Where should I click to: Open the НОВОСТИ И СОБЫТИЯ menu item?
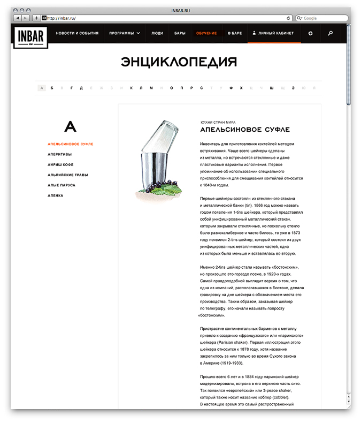pos(78,33)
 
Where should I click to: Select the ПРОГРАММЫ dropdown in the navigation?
pos(125,33)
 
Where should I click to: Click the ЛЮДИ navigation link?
pos(157,33)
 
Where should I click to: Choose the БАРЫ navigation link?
pos(180,33)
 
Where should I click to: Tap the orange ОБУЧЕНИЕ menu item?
pos(206,33)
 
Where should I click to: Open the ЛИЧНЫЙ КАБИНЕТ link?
pos(274,33)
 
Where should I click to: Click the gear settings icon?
pos(311,33)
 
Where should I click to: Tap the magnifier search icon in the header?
pos(331,33)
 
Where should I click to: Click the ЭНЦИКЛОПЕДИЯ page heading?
pos(179,62)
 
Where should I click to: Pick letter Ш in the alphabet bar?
pos(272,88)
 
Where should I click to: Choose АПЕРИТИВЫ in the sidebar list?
pos(60,154)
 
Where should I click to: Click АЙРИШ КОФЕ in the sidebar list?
pos(62,164)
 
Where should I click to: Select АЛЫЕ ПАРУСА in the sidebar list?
pos(62,185)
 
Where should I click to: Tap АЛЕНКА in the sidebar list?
pos(56,195)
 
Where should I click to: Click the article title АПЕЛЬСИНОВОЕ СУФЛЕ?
pos(245,130)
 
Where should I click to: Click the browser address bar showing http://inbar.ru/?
pos(166,18)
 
